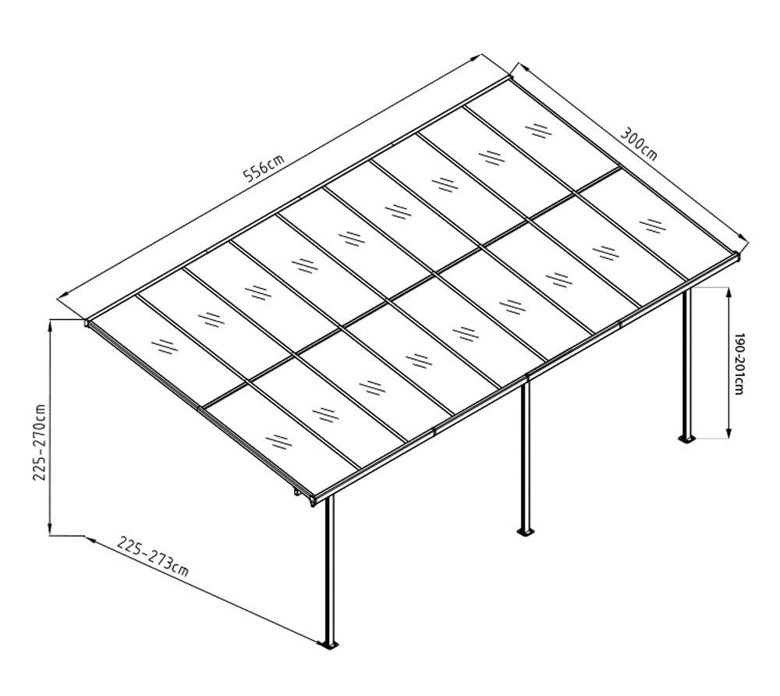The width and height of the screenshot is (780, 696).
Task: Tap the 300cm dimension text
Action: pyautogui.click(x=639, y=143)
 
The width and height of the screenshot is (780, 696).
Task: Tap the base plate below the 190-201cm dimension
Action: pyautogui.click(x=687, y=438)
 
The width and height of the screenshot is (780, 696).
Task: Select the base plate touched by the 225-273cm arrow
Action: pyautogui.click(x=329, y=645)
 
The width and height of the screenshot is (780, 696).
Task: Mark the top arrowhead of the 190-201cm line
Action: pyautogui.click(x=729, y=292)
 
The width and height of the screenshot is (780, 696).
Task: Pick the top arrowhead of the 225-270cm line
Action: pyautogui.click(x=51, y=325)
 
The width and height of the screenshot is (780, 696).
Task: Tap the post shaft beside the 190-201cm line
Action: pyautogui.click(x=687, y=359)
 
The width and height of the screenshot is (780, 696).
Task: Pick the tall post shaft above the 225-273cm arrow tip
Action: pyautogui.click(x=329, y=570)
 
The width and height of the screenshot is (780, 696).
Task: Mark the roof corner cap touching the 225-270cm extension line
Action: pyautogui.click(x=87, y=321)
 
